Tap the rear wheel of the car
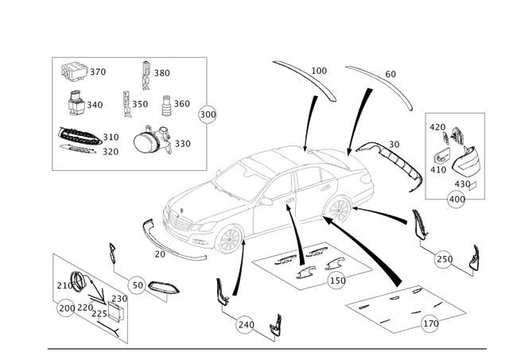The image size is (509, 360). tap(338, 208)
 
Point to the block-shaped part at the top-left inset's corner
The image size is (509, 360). tap(74, 72)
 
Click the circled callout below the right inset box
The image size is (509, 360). tap(457, 197)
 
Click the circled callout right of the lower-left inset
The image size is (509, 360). tap(138, 283)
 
